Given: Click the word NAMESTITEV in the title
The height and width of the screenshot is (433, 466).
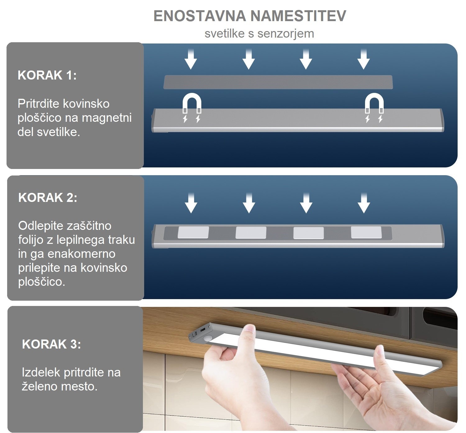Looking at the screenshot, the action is [298, 16].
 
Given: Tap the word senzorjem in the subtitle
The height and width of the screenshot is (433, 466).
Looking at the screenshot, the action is [286, 34].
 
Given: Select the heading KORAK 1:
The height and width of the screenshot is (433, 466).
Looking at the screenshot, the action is [47, 75].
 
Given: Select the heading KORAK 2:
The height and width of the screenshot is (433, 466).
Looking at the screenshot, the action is [48, 197].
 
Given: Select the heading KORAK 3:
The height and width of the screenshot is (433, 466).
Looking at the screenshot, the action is [51, 344].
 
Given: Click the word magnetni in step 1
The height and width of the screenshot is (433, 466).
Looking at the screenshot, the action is [107, 118].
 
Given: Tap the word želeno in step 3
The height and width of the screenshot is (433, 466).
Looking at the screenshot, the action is [39, 386].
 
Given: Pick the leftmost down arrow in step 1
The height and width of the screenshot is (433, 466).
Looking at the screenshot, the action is [190, 59].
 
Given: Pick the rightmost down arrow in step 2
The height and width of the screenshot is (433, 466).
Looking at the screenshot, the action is [364, 203].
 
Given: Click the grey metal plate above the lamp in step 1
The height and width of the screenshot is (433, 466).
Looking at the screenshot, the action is [278, 82].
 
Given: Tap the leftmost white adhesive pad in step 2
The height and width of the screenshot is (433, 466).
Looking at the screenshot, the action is [193, 233].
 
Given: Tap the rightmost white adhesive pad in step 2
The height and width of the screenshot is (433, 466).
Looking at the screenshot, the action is [366, 232].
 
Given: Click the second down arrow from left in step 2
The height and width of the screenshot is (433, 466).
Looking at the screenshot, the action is [249, 203].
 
